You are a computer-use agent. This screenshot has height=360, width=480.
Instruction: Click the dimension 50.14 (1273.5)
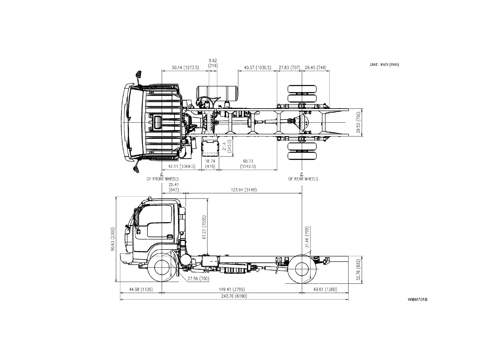pos(185,67)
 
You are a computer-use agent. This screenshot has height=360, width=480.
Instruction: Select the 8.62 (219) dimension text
pos(213,63)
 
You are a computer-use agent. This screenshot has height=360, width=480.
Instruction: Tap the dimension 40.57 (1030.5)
pos(258,67)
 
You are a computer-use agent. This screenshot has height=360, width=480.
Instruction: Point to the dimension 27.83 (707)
pos(289,67)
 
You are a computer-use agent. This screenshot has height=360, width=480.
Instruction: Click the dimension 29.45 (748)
pos(316,67)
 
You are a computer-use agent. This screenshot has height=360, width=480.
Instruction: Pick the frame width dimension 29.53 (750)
pos(358,123)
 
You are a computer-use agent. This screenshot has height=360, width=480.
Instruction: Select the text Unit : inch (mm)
pos(384,64)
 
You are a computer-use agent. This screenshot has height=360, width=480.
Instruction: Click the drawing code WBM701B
pos(417,299)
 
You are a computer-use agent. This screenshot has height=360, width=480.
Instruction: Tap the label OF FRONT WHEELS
pos(163,179)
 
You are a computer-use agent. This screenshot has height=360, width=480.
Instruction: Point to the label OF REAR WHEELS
pos(303,179)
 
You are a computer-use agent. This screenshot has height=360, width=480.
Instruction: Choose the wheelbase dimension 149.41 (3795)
pos(232,290)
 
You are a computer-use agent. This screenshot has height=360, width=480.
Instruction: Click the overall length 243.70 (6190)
pos(234,296)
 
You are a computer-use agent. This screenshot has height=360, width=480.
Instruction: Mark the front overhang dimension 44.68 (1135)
pos(141,290)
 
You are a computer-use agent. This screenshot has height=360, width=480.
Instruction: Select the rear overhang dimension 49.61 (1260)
pos(325,290)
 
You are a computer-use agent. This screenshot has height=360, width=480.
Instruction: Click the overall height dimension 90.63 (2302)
pos(113,239)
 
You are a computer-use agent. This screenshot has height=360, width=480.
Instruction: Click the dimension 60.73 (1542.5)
pos(248,164)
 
